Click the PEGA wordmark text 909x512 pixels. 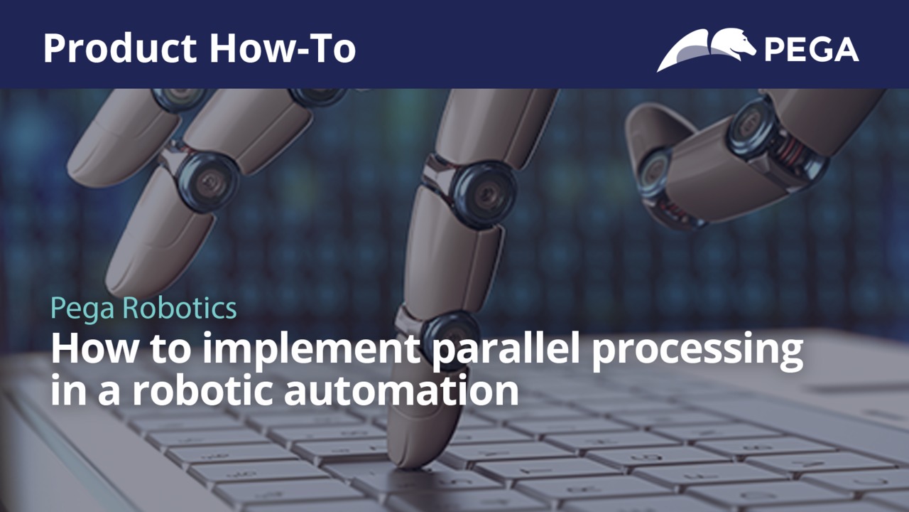pos(811,49)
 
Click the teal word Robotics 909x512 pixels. pos(180,308)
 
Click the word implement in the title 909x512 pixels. pos(311,348)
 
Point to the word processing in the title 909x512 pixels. pos(697,349)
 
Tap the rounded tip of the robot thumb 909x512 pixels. pos(646,134)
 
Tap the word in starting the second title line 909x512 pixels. pos(67,389)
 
